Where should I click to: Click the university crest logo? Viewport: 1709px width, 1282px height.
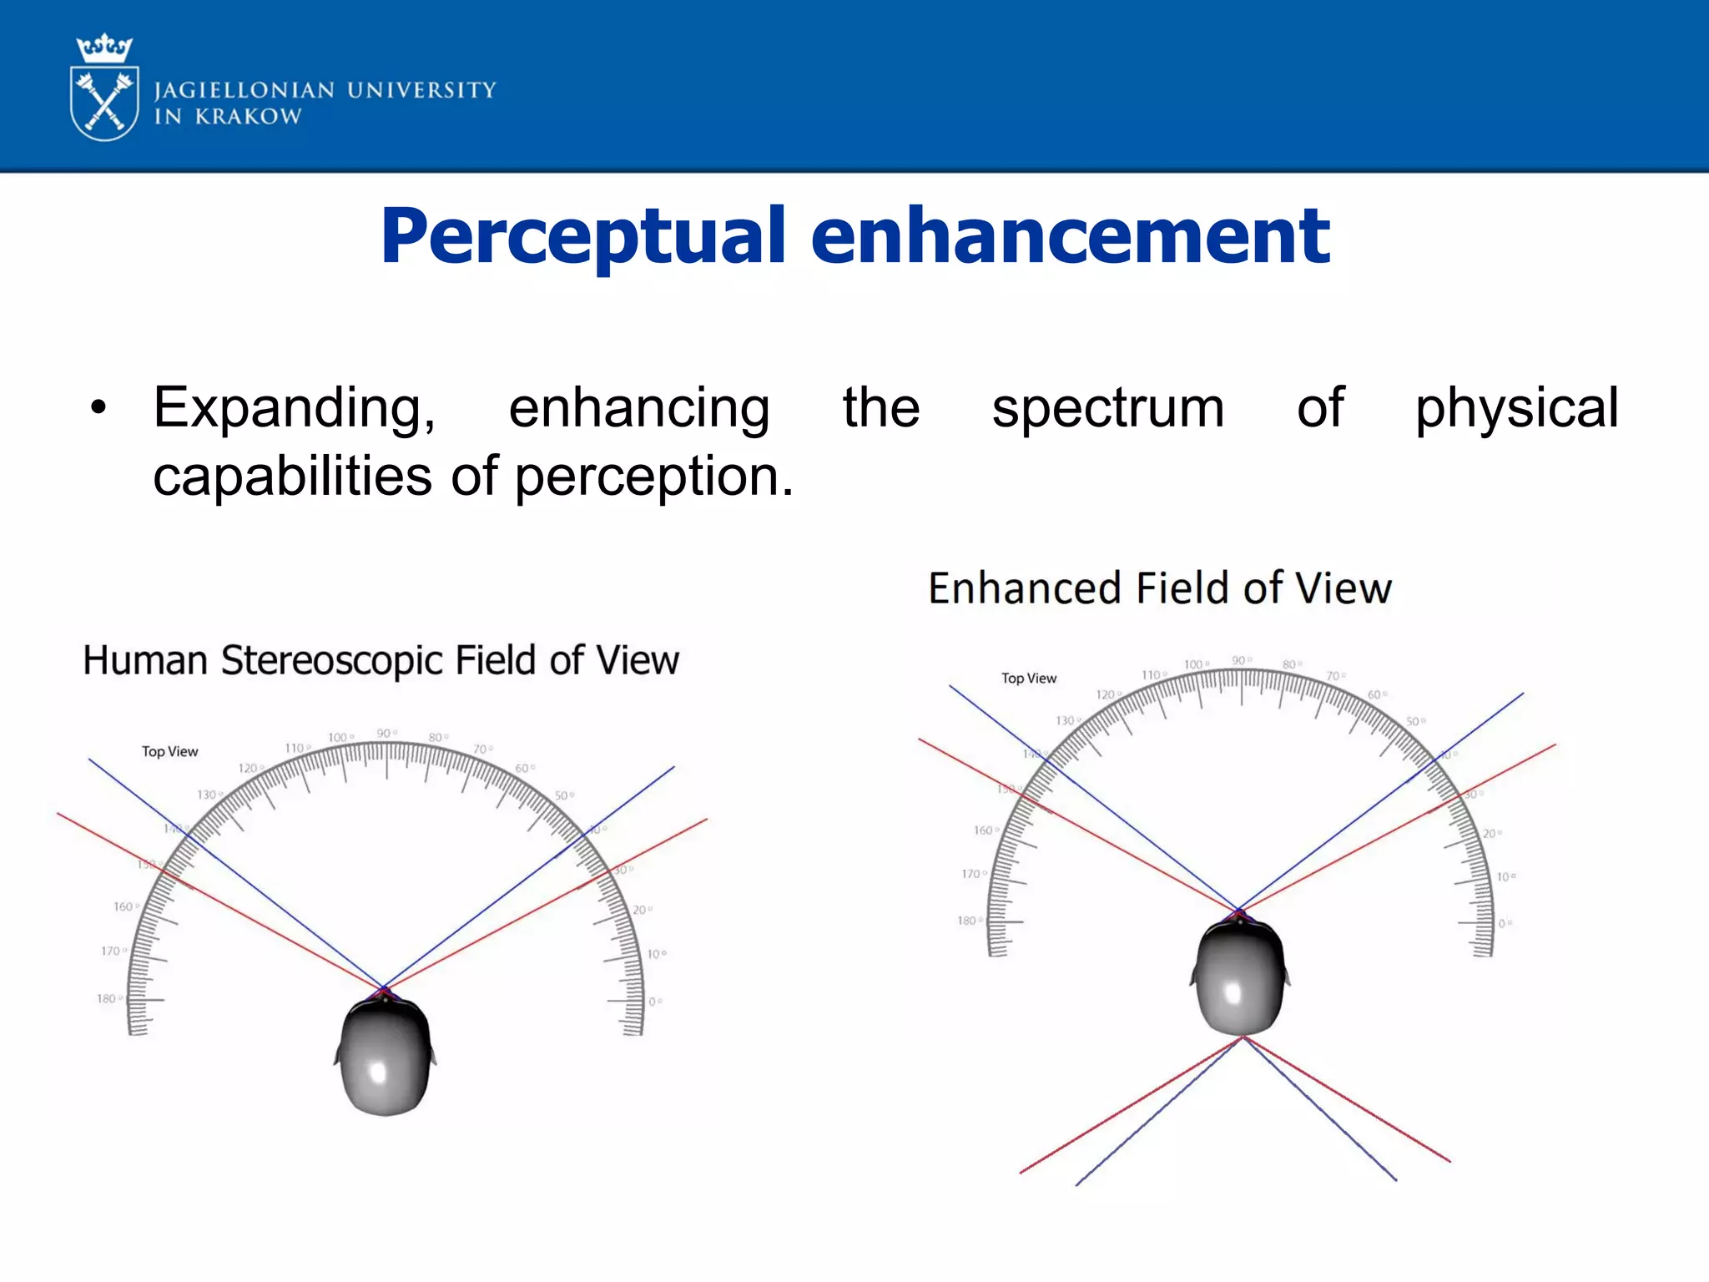pyautogui.click(x=104, y=88)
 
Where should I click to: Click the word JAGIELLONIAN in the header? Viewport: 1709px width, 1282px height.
pyautogui.click(x=245, y=90)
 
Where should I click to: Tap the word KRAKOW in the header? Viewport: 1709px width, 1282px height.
pyautogui.click(x=248, y=117)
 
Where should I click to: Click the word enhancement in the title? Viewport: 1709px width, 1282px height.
pyautogui.click(x=1070, y=237)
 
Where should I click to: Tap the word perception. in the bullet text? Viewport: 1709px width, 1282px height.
pyautogui.click(x=653, y=477)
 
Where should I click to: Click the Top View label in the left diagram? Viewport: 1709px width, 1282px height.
pyautogui.click(x=170, y=751)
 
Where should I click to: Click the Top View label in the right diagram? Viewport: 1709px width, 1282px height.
pyautogui.click(x=1029, y=679)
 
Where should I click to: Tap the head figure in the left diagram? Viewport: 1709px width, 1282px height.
pyautogui.click(x=385, y=1056)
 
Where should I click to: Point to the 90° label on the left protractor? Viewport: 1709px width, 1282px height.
pyautogui.click(x=386, y=734)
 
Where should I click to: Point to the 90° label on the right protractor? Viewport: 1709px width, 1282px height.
pyautogui.click(x=1241, y=661)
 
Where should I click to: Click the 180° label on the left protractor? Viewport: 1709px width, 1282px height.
pyautogui.click(x=108, y=999)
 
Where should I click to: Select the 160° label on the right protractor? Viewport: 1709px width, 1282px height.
pyautogui.click(x=985, y=830)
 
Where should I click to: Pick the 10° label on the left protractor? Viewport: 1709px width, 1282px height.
pyautogui.click(x=656, y=954)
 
